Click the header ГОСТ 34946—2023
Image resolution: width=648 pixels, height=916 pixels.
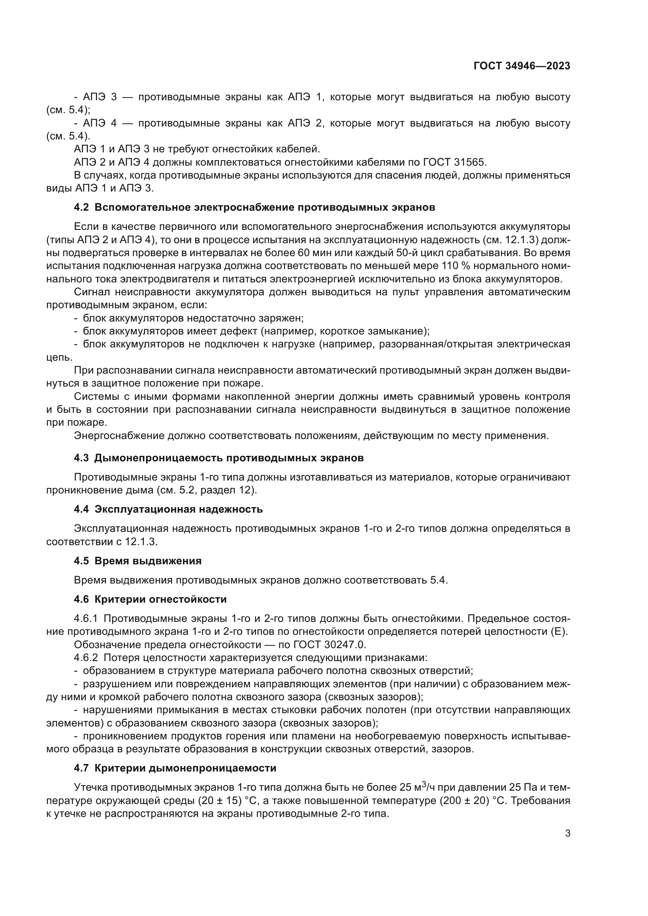pos(521,66)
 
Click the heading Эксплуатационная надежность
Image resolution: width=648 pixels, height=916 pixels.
pos(178,509)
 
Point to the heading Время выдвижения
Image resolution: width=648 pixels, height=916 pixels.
pos(148,561)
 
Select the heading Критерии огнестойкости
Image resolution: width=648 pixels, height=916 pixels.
pos(160,600)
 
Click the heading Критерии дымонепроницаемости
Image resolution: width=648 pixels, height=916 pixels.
pos(185,768)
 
